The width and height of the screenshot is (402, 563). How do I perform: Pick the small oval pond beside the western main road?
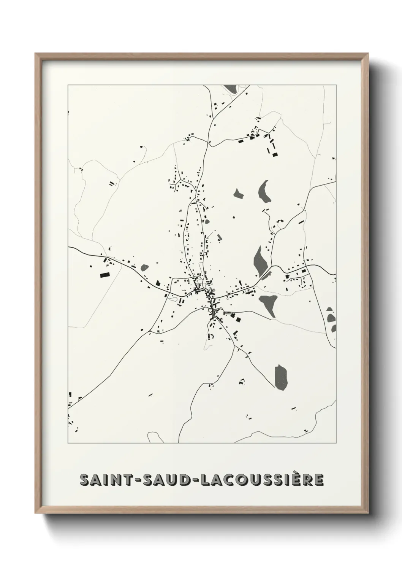(144, 267)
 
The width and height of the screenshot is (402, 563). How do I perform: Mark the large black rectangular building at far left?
(104, 274)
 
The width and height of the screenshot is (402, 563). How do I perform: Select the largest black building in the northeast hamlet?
(274, 154)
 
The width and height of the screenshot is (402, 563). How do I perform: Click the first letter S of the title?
(84, 480)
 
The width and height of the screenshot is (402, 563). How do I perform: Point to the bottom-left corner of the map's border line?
(68, 443)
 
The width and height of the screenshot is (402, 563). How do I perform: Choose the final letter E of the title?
(319, 480)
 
